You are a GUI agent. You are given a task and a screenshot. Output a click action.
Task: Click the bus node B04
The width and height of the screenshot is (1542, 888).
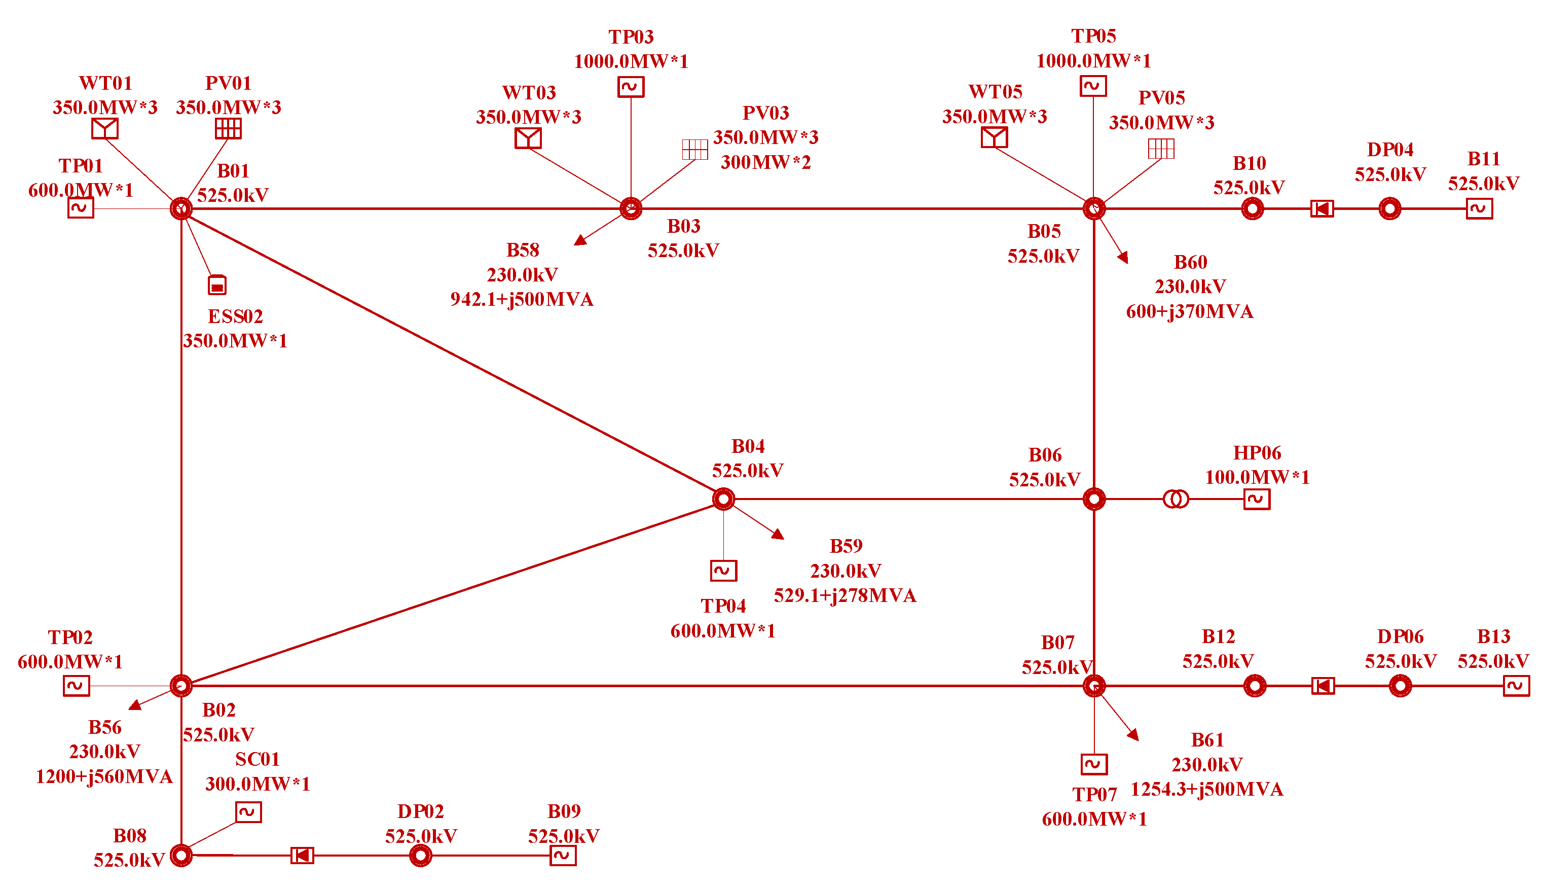pos(723,499)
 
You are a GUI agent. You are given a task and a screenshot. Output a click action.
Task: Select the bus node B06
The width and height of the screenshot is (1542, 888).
pos(1094,499)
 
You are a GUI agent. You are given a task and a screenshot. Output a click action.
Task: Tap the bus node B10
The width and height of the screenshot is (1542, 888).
pos(1253,208)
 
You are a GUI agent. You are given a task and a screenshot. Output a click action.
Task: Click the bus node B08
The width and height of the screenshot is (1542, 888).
pos(181,855)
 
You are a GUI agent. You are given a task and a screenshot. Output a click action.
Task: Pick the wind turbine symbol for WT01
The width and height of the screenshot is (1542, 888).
pos(105,129)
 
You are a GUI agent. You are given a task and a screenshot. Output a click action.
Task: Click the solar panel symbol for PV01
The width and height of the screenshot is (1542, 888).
pos(229,129)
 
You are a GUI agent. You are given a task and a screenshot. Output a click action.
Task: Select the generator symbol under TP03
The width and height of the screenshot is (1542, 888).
pos(631,87)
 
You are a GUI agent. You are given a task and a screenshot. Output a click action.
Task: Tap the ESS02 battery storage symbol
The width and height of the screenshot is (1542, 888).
pos(217,285)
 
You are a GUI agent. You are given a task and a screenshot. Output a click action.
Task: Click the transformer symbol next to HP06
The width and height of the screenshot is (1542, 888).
pos(1176,499)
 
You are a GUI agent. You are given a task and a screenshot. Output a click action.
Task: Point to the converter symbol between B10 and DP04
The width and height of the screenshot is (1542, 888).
pos(1322,208)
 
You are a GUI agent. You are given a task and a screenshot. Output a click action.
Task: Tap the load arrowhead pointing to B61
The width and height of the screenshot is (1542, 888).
pos(1133,735)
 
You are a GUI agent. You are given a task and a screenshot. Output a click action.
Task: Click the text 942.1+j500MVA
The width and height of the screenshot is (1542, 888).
pos(522,299)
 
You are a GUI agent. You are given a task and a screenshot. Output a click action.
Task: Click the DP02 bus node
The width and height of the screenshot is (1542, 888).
pos(421,855)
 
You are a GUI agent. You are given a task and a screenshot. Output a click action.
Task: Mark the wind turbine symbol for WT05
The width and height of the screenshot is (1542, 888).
pos(994,137)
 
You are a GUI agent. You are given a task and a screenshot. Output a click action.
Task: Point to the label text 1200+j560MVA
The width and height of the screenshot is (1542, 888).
pos(104,776)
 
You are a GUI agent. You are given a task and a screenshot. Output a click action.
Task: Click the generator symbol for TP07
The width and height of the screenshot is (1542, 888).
pos(1094,764)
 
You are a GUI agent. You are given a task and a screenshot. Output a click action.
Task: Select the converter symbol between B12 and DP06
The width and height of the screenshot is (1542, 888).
pos(1323,686)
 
